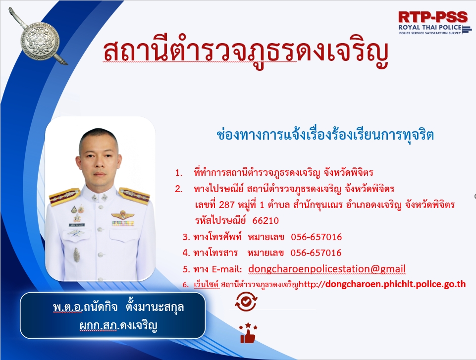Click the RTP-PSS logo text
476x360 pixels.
[433, 17]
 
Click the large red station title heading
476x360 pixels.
[246, 51]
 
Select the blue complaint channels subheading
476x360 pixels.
[325, 135]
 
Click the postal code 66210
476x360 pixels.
[265, 221]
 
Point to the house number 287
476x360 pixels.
[227, 205]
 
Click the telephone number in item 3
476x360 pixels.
[317, 237]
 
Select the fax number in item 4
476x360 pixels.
[316, 253]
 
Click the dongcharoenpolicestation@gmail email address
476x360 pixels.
[327, 269]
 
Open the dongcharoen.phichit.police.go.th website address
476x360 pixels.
[395, 284]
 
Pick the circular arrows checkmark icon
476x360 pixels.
[246, 302]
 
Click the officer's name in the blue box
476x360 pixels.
[118, 307]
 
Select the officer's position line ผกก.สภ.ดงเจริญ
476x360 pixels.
[118, 326]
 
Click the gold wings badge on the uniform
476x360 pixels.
[123, 215]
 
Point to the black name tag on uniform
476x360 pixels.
[77, 225]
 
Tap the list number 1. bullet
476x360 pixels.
[179, 173]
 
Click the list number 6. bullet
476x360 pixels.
[185, 285]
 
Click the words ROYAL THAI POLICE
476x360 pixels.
[430, 27]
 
